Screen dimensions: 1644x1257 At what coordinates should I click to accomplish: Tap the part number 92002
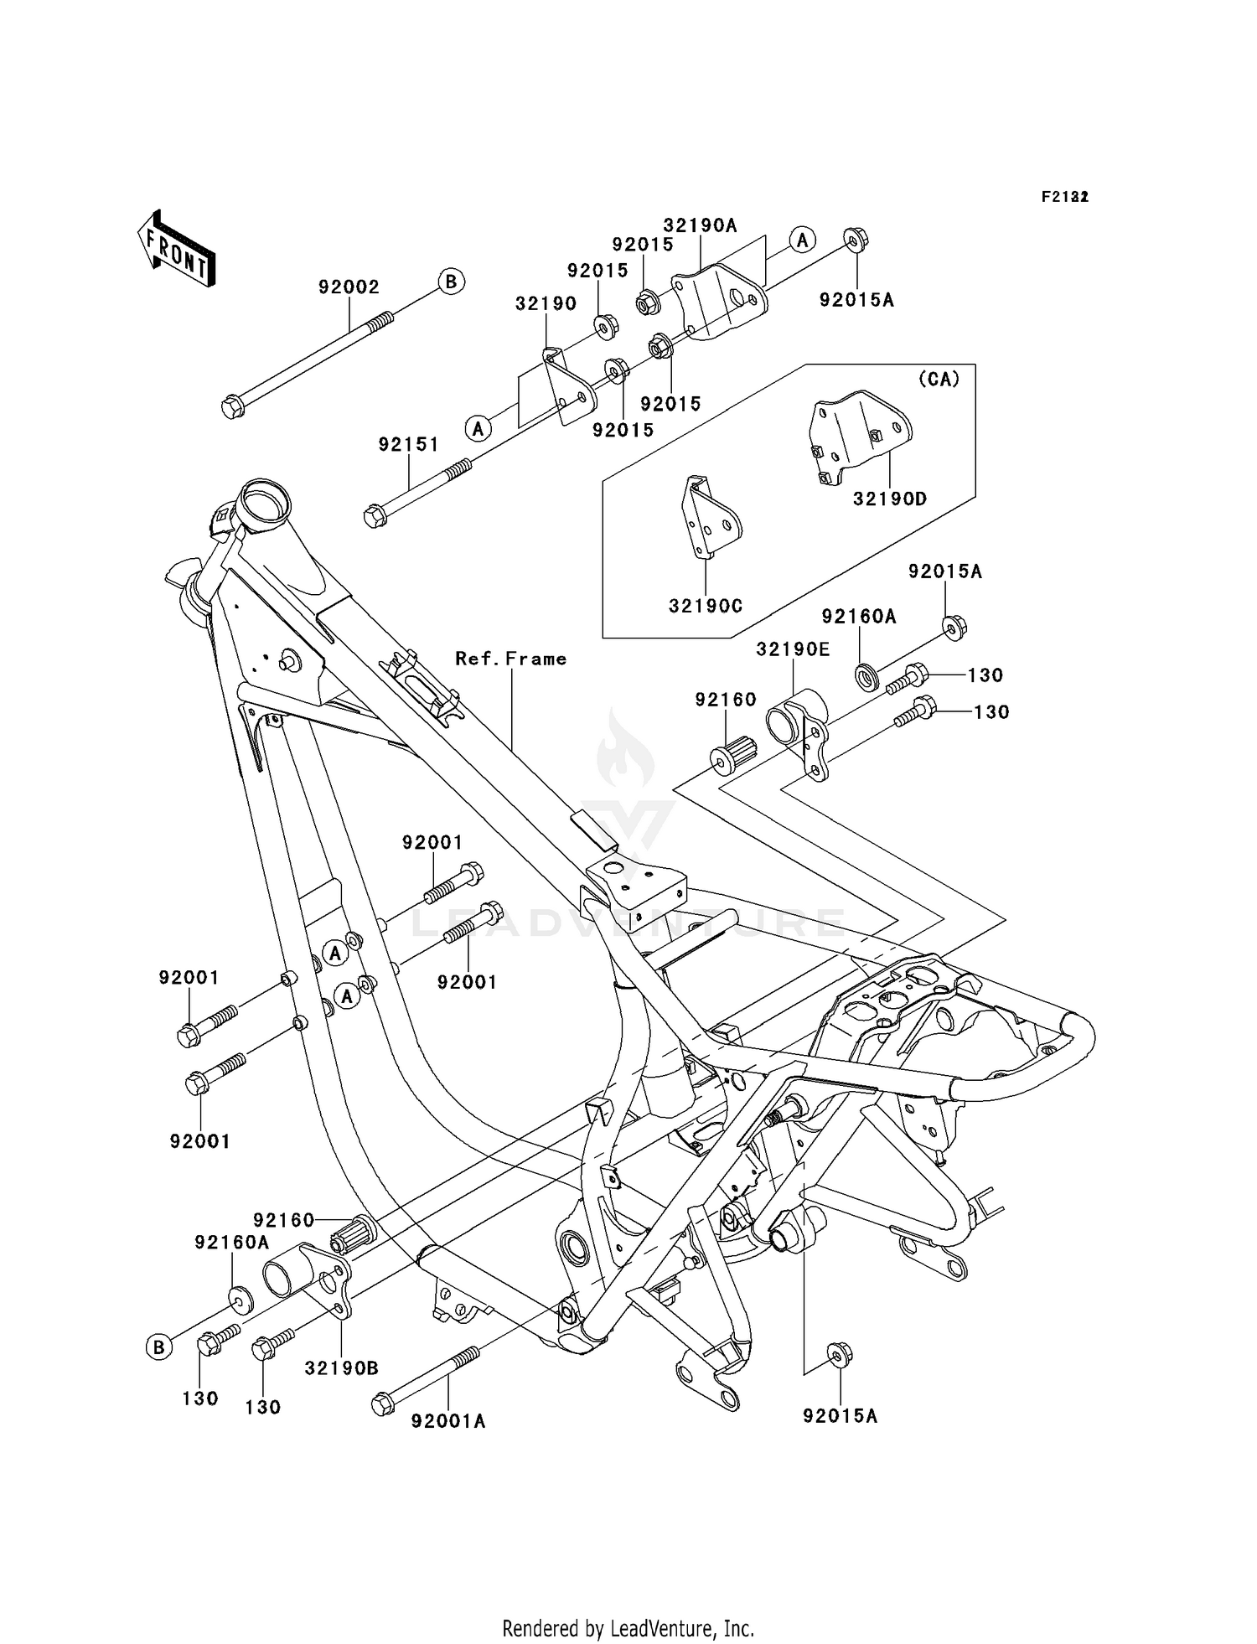pyautogui.click(x=349, y=287)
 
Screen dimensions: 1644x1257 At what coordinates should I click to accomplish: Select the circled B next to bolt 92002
pyautogui.click(x=451, y=282)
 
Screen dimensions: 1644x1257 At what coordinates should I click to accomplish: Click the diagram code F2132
pyautogui.click(x=1064, y=197)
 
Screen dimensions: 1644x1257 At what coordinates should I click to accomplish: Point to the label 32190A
pyautogui.click(x=700, y=225)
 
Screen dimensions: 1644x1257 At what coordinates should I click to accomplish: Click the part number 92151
pyautogui.click(x=408, y=445)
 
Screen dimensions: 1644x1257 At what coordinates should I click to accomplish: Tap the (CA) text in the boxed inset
pyautogui.click(x=939, y=380)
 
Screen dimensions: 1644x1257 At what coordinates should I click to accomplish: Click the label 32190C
pyautogui.click(x=706, y=606)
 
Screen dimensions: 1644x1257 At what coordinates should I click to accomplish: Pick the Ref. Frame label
pyautogui.click(x=510, y=659)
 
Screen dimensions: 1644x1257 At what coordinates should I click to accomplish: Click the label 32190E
pyautogui.click(x=793, y=649)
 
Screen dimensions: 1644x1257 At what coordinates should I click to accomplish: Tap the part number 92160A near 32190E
pyautogui.click(x=859, y=617)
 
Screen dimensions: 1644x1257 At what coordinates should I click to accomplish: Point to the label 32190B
pyautogui.click(x=341, y=1368)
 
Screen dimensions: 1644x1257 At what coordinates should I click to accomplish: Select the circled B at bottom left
pyautogui.click(x=158, y=1347)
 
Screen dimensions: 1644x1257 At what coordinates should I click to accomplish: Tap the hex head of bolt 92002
pyautogui.click(x=232, y=409)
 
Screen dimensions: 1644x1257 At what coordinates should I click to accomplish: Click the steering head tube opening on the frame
pyautogui.click(x=264, y=504)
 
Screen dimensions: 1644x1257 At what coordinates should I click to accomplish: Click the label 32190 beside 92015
pyautogui.click(x=546, y=303)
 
